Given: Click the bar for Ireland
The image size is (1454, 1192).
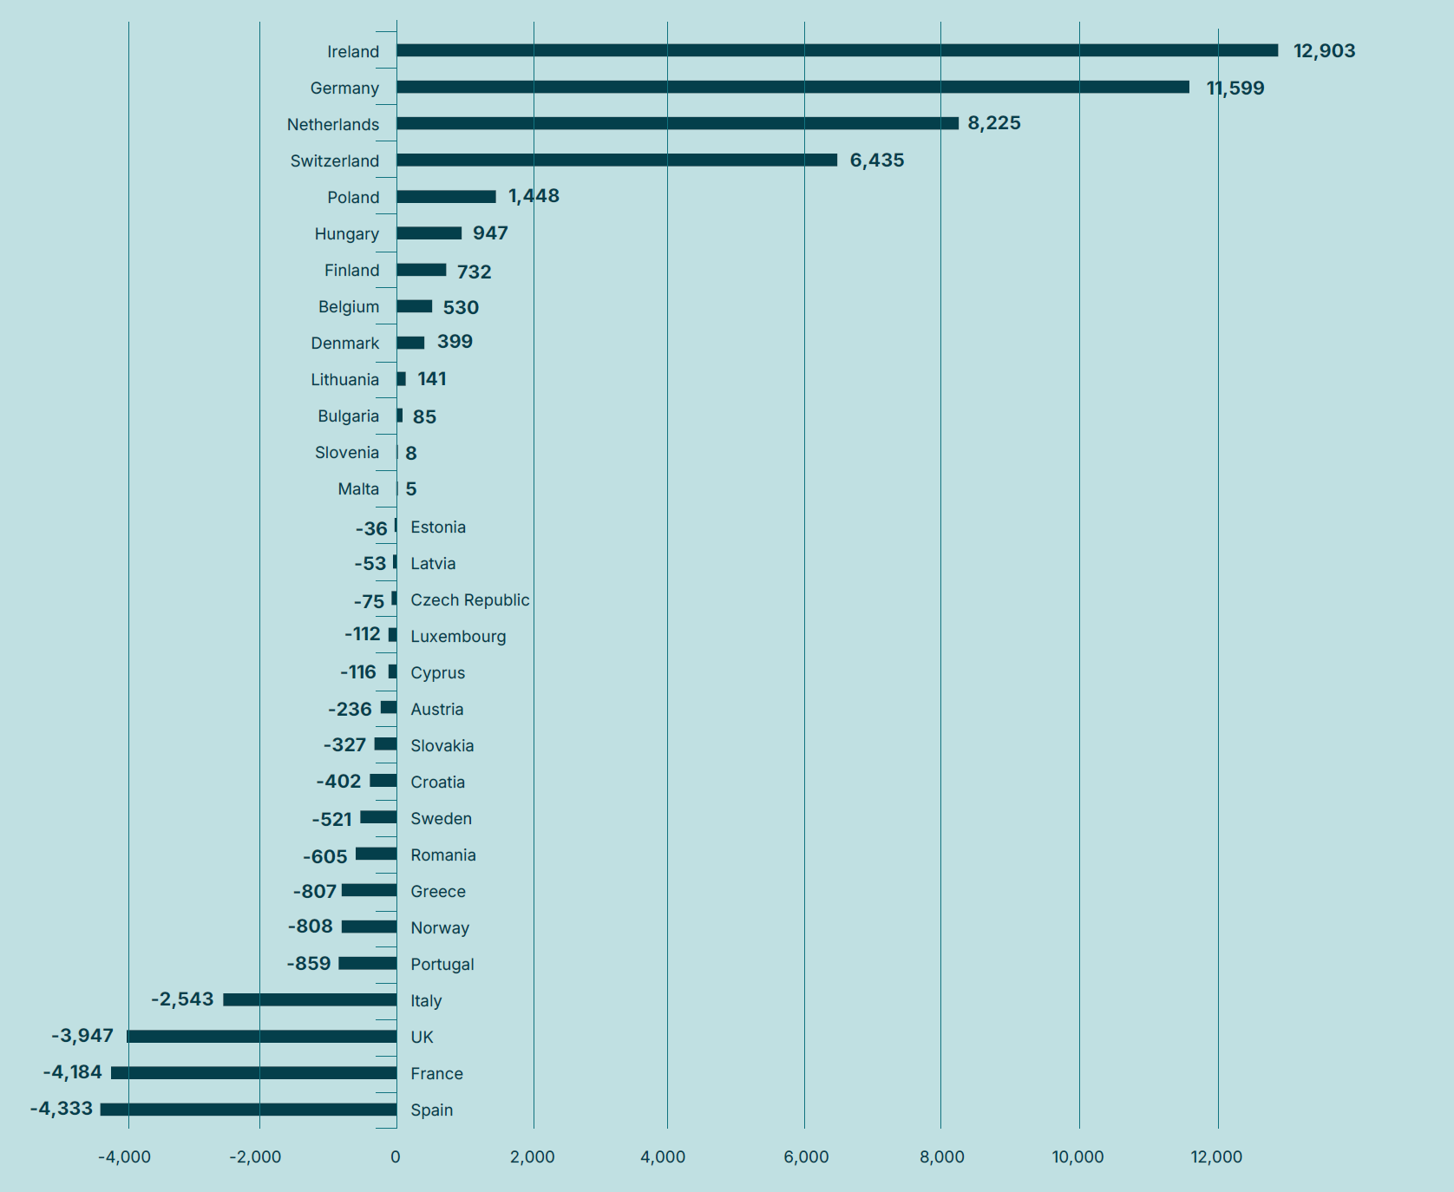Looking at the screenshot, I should (x=837, y=50).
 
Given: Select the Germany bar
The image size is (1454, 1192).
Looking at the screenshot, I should (x=793, y=87).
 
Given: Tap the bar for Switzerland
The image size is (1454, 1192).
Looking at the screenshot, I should (x=617, y=160).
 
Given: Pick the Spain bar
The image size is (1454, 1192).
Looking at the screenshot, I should (x=249, y=1109).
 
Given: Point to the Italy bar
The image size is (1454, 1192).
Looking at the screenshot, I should (x=310, y=999).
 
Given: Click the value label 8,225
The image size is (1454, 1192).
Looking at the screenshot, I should (x=994, y=123).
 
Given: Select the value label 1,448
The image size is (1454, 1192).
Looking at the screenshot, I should (x=534, y=196).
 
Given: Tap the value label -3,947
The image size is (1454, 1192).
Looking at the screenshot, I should (x=82, y=1036).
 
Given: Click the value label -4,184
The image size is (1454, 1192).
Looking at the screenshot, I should (x=73, y=1072).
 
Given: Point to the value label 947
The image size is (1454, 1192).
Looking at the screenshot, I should (x=490, y=233).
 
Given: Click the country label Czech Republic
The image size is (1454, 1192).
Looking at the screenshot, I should (x=469, y=600).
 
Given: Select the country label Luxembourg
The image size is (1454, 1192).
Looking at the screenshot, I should (x=458, y=637).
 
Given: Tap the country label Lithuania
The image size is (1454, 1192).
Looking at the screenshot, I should (x=345, y=380).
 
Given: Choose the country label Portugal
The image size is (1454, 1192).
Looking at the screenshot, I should (x=442, y=965).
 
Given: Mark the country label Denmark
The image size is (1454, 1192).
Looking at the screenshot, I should (x=345, y=344).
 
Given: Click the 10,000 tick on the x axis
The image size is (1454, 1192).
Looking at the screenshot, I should (x=1077, y=1156).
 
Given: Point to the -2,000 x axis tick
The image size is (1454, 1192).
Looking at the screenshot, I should (x=255, y=1156).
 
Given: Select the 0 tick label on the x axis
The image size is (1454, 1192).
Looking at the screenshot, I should (x=396, y=1156).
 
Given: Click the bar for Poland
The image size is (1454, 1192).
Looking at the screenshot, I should (x=446, y=196).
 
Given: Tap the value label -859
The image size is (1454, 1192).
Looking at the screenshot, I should (x=309, y=963).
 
